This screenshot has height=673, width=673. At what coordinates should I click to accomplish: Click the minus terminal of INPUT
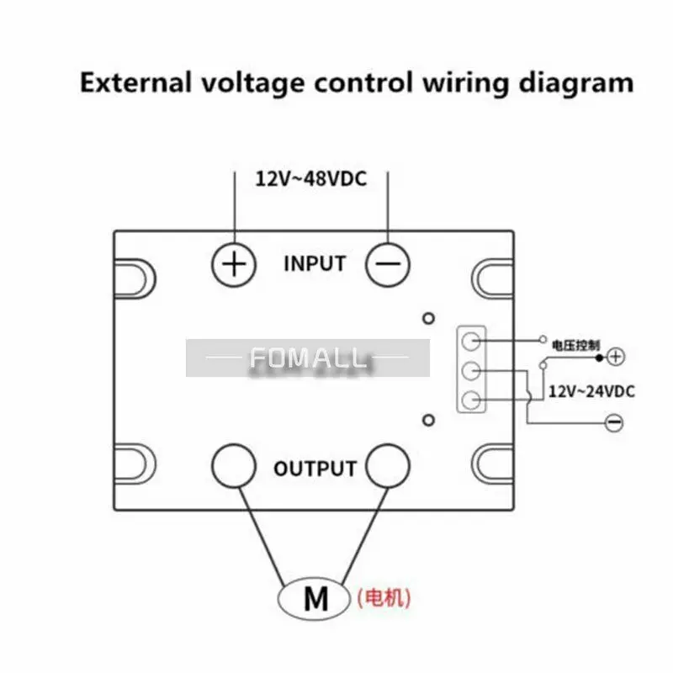click(388, 265)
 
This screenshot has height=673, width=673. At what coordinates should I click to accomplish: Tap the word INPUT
click(315, 263)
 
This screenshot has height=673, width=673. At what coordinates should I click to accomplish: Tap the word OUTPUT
click(315, 468)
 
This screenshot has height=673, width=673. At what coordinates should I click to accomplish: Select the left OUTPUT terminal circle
click(233, 464)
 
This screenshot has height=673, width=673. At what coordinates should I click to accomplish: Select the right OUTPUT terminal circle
click(388, 464)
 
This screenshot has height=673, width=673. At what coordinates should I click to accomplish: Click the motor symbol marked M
click(315, 600)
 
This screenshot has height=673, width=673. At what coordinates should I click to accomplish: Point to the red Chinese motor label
click(384, 599)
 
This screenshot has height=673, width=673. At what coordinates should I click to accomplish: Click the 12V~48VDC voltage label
click(310, 178)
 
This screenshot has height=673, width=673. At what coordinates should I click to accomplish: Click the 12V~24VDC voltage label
click(591, 391)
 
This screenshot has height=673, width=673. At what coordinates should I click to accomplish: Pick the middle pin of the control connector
click(471, 370)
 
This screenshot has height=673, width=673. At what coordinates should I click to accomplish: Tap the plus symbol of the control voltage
click(616, 357)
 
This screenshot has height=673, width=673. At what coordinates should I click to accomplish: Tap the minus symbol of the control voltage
click(614, 422)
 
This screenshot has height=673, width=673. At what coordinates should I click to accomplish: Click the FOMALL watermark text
click(308, 359)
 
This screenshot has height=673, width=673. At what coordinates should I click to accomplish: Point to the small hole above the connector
click(428, 319)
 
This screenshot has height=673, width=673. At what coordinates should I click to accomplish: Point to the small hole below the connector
click(428, 420)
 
